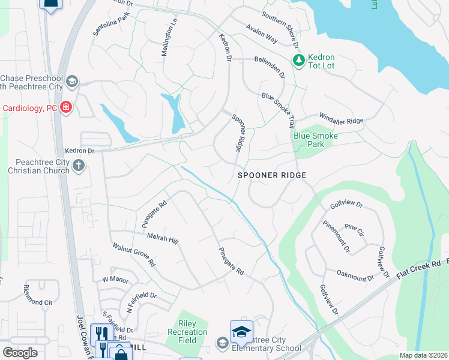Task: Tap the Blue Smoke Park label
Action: coord(316,140)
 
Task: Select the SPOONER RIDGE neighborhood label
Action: coord(272,175)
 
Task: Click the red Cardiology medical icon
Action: coord(66,108)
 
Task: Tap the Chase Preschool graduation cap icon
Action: coord(71,82)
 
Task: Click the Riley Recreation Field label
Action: coord(192,332)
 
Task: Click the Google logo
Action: coord(20,353)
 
